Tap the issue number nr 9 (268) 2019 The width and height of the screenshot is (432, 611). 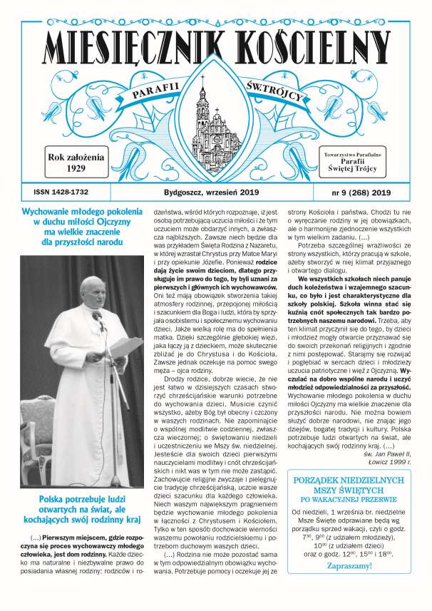tap(364, 192)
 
